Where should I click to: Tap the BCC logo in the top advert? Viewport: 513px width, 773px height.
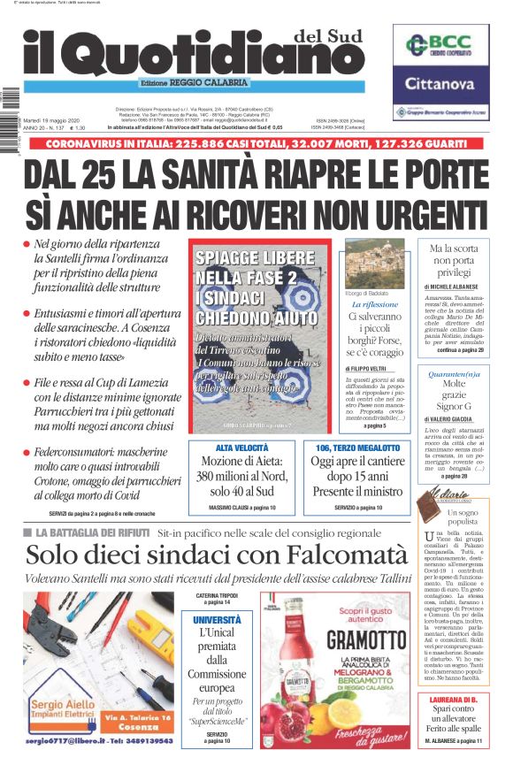pyautogui.click(x=440, y=46)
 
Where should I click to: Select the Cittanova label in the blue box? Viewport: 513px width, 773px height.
pyautogui.click(x=440, y=85)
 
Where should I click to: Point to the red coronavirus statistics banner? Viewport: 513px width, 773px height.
pyautogui.click(x=256, y=143)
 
